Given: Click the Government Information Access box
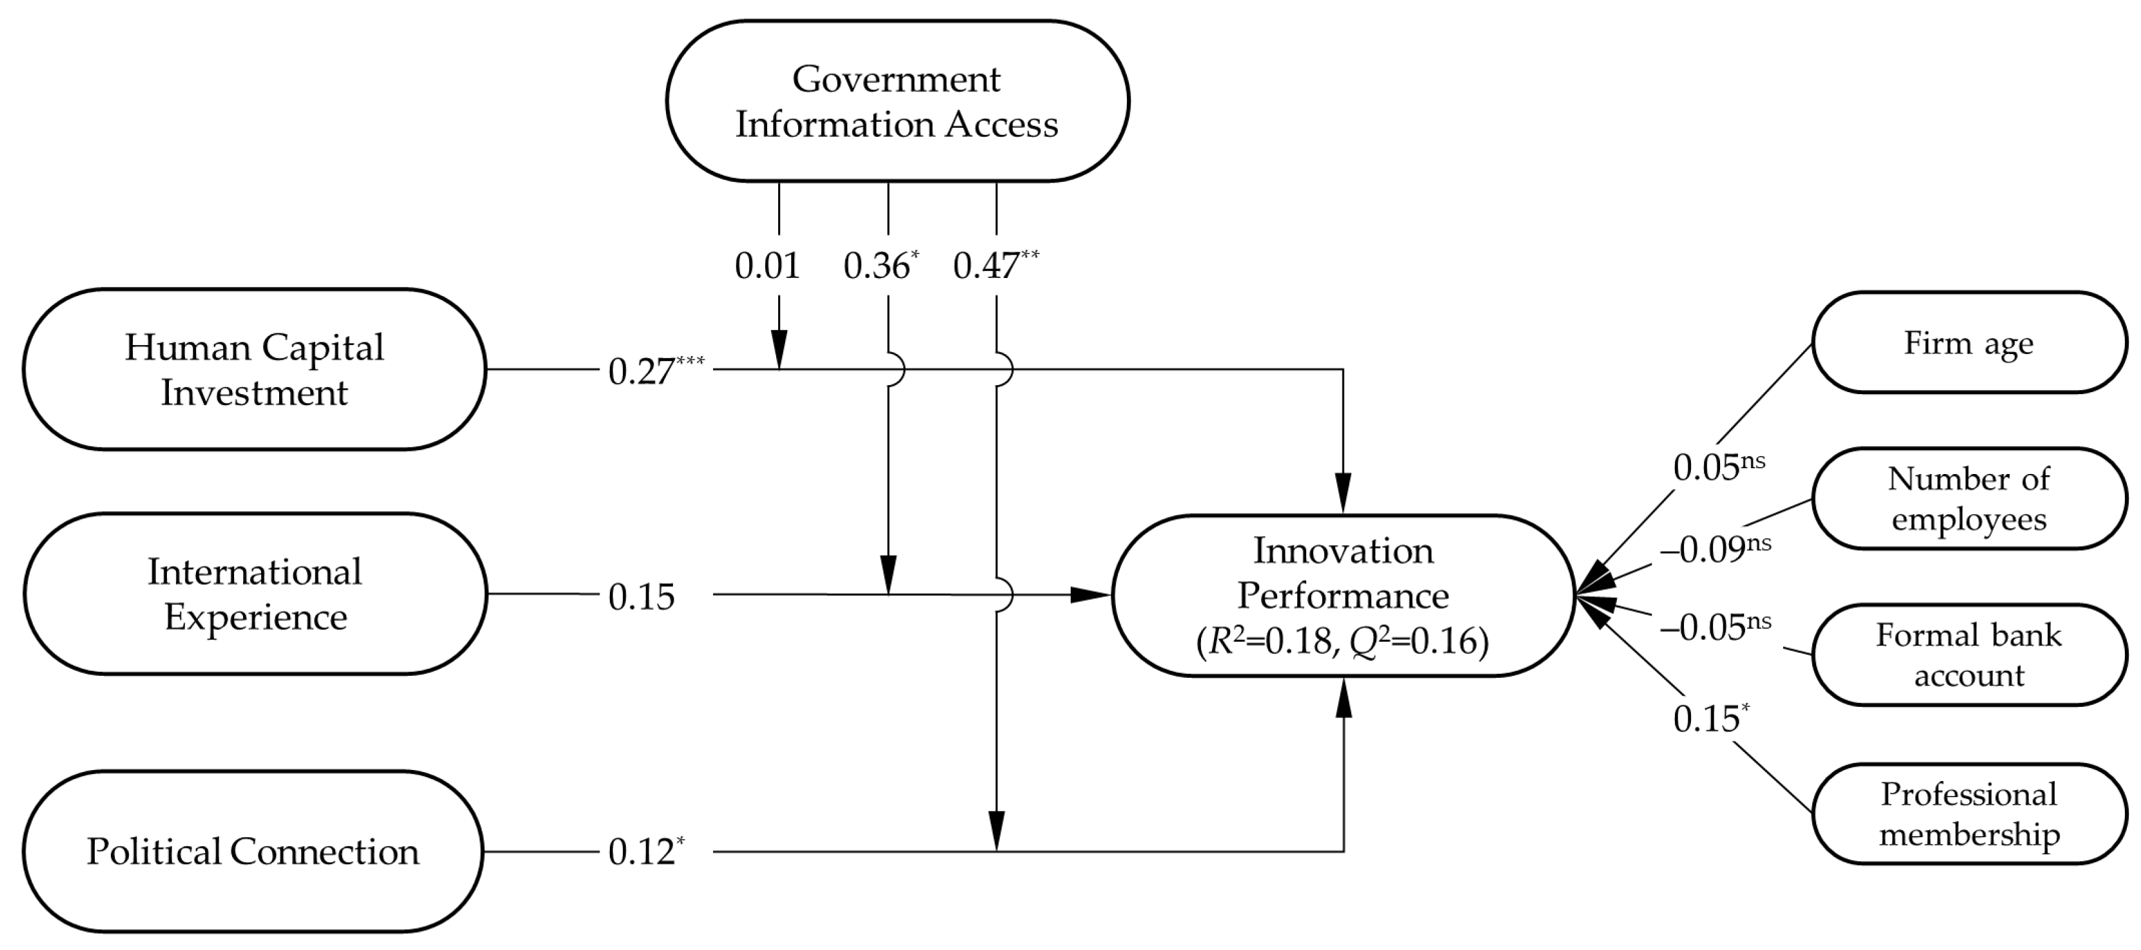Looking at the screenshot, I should point(897,101).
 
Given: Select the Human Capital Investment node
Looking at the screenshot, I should point(254,369).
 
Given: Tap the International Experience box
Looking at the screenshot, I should point(254,593).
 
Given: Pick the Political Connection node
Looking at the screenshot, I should point(253,851).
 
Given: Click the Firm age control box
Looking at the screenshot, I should point(1968,342).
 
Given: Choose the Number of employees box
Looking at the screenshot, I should point(1968,499).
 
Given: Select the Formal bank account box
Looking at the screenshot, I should point(1968,655).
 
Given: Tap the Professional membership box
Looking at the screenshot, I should point(1968,814).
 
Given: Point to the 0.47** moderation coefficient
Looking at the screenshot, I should point(995,265).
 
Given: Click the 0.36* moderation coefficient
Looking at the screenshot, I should point(880,265).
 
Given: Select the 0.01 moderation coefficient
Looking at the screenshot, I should point(767,265).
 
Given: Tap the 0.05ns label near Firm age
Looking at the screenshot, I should point(1718,466).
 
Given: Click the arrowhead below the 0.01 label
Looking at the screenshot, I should point(779,349).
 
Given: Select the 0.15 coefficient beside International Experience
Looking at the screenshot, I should point(641,596).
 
